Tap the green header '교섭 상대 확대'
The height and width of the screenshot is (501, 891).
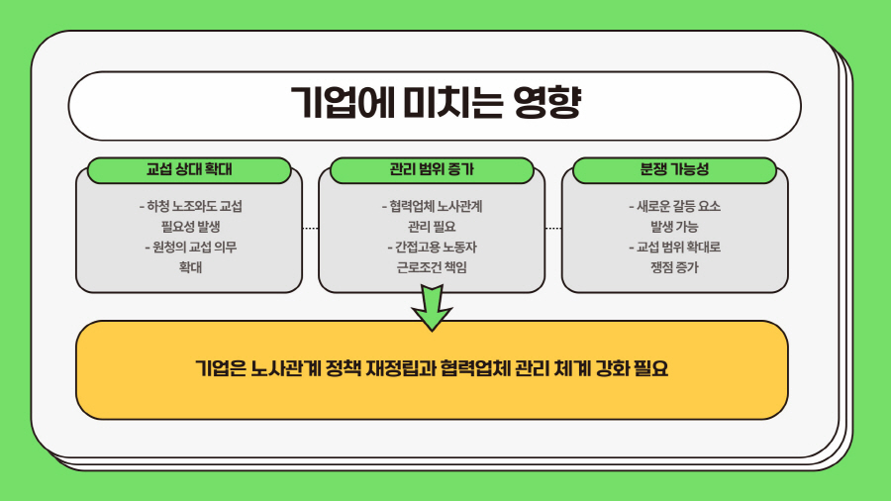[x=188, y=169]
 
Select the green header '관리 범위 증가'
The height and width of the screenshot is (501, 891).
[x=432, y=169]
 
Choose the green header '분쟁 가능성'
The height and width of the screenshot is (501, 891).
[x=674, y=169]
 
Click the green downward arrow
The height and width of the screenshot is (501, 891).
[x=432, y=307]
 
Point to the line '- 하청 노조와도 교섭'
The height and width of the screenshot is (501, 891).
[x=189, y=207]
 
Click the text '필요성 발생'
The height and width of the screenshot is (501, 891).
[x=189, y=227]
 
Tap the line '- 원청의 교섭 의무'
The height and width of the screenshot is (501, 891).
[x=189, y=247]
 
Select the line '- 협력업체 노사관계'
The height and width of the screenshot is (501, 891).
[x=432, y=207]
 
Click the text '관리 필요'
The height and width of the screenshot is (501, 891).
[x=432, y=227]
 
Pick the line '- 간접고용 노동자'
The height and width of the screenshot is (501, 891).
[x=432, y=247]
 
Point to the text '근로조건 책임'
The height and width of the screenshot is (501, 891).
[x=432, y=266]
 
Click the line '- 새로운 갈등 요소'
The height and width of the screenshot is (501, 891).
[x=674, y=207]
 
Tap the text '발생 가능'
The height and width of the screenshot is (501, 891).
[x=674, y=227]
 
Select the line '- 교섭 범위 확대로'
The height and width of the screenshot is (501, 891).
[x=674, y=247]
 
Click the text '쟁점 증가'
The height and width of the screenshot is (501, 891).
[x=674, y=266]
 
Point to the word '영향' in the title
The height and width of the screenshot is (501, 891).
[x=546, y=104]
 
